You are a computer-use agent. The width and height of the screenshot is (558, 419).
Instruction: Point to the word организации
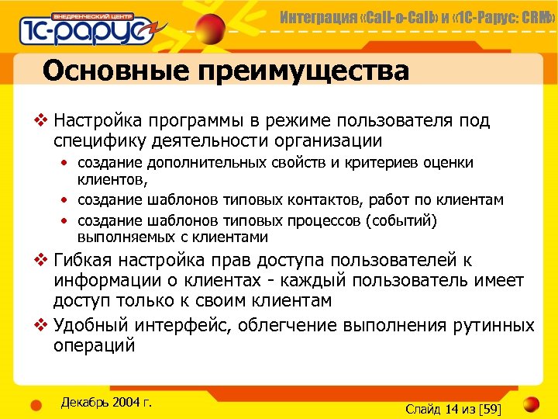[x=316, y=140]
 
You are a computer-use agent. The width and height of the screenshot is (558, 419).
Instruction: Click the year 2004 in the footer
[x=127, y=402]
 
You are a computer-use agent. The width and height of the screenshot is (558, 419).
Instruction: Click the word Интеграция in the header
[x=314, y=16]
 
